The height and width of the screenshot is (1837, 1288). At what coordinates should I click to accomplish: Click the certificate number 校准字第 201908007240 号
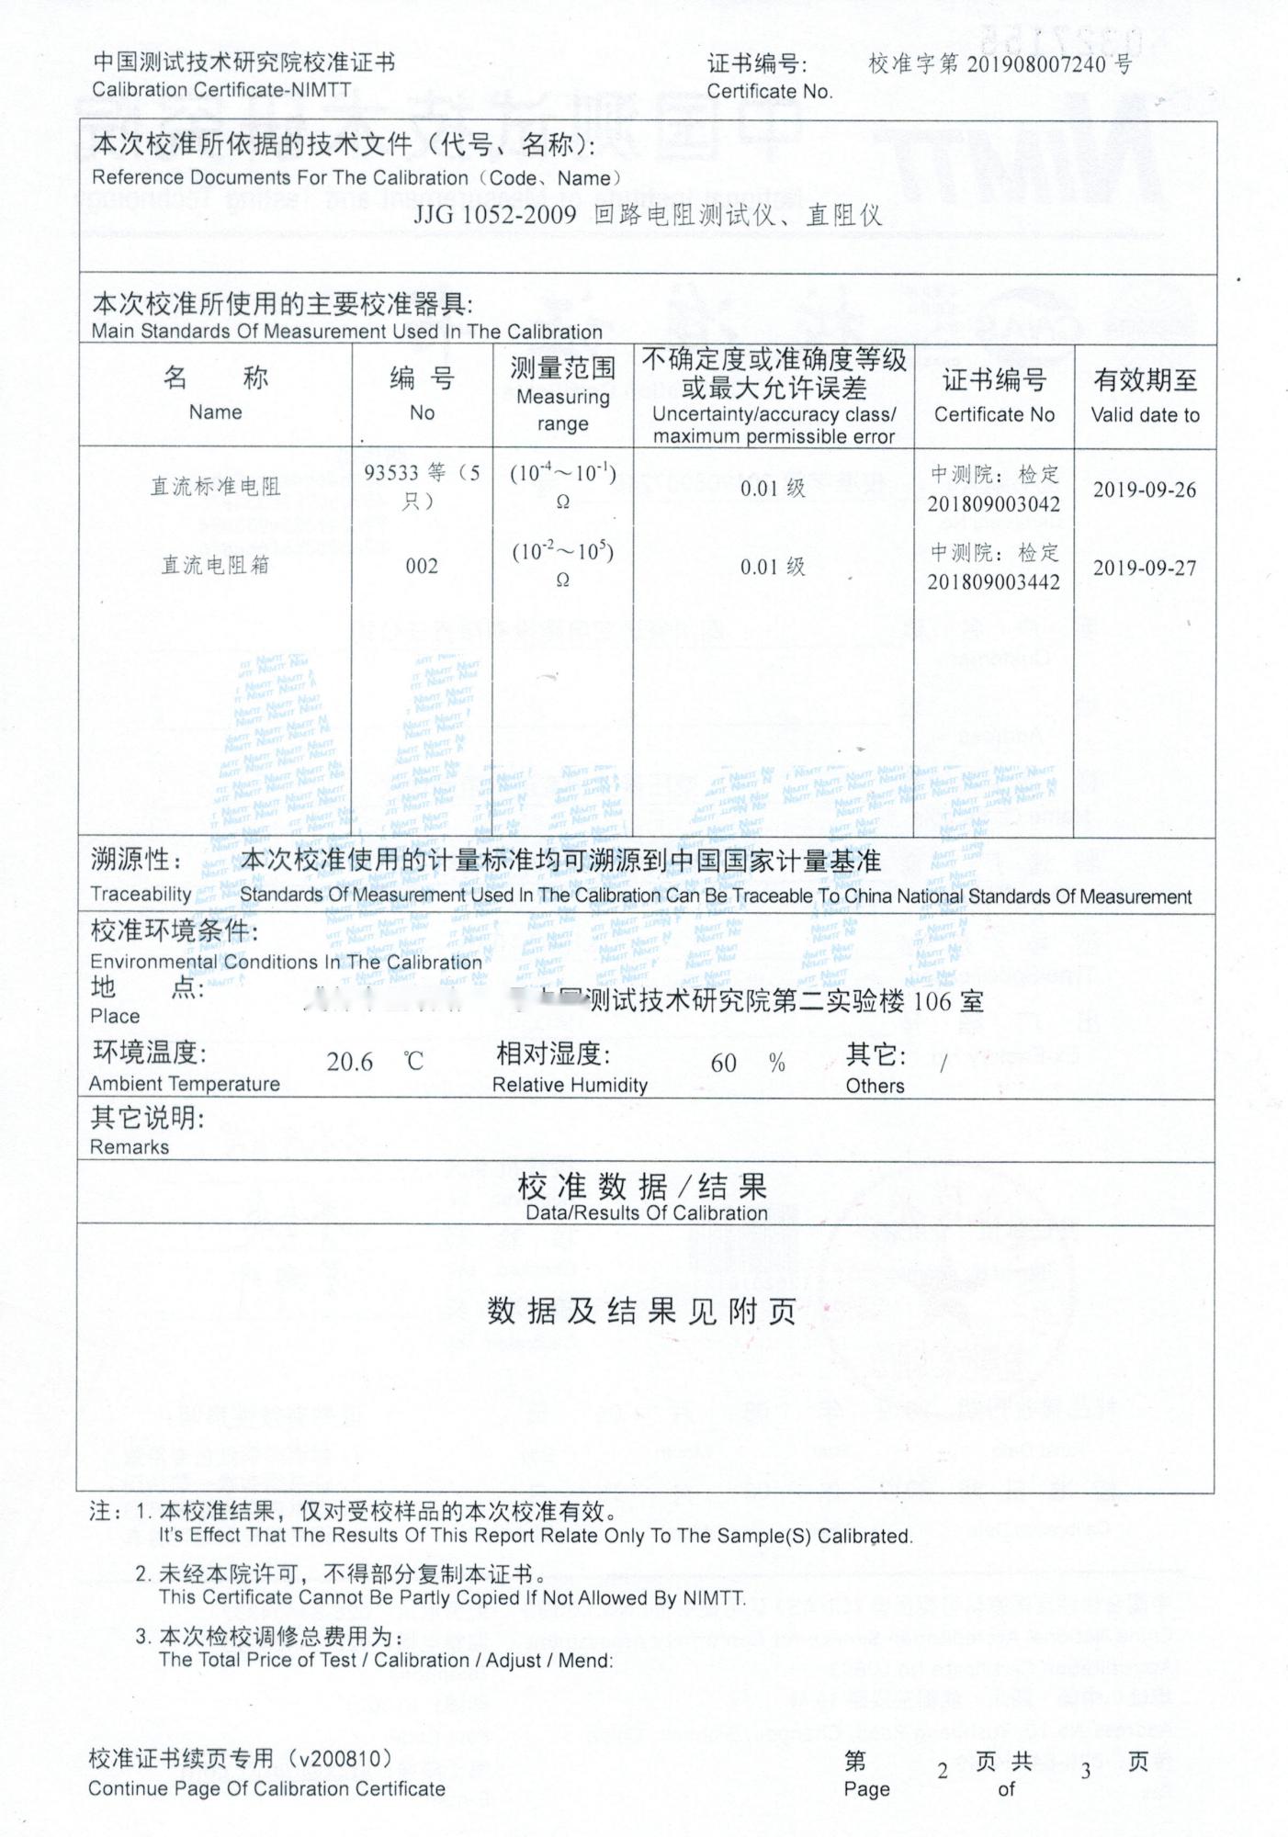click(1000, 63)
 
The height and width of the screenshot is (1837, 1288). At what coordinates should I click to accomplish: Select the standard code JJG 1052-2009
click(494, 215)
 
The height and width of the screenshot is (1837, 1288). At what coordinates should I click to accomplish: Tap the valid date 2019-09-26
click(1145, 490)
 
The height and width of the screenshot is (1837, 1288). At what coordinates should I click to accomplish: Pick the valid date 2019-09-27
click(1145, 568)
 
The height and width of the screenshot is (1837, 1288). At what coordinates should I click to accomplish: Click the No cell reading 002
click(422, 567)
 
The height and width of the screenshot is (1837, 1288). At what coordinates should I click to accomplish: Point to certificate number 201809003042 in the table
click(993, 504)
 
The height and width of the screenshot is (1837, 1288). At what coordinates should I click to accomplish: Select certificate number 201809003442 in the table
click(993, 582)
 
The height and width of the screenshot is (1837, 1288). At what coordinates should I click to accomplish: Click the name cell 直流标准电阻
click(216, 487)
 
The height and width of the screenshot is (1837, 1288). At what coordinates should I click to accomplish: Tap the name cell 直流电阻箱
click(216, 566)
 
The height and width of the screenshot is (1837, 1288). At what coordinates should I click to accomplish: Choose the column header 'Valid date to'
click(1145, 415)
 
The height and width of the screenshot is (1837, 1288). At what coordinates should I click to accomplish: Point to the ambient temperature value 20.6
click(350, 1063)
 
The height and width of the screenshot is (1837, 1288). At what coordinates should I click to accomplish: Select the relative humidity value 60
click(723, 1064)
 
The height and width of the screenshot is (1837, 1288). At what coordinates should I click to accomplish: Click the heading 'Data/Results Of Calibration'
click(646, 1212)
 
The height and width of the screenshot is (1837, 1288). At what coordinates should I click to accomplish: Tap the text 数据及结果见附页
click(641, 1311)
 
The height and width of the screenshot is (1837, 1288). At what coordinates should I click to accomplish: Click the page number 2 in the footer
click(943, 1771)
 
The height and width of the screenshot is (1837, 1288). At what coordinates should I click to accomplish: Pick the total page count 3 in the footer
click(1085, 1771)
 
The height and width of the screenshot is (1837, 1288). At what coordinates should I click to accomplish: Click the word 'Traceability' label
click(141, 894)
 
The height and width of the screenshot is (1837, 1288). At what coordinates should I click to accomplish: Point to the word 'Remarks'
click(130, 1147)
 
